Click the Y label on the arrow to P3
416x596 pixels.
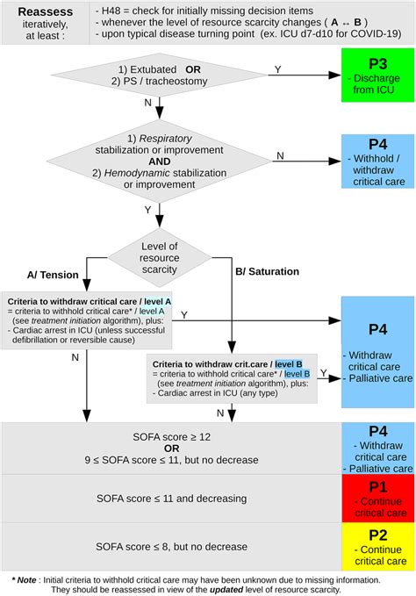coord(278,68)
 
